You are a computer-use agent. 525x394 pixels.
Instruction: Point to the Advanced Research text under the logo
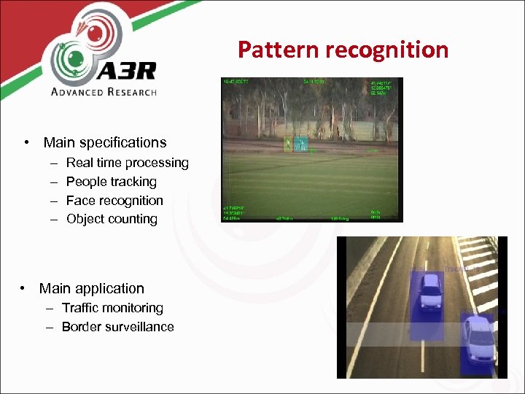point(103,91)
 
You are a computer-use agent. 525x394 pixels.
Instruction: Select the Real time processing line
point(127,163)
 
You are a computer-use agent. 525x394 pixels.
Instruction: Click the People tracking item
point(111,182)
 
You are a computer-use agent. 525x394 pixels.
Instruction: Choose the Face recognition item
point(114,201)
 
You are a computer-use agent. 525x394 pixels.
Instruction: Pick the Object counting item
point(112,219)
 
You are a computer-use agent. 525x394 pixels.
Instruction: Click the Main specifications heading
point(104,142)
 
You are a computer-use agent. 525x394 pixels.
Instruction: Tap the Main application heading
point(91,288)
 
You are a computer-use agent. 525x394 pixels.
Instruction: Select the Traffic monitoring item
point(112,308)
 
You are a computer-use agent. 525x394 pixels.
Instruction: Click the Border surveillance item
point(117,327)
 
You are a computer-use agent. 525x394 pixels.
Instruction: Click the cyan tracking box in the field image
point(301,144)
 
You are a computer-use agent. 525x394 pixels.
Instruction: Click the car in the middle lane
point(429,292)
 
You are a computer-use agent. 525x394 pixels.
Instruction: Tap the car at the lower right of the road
point(479,339)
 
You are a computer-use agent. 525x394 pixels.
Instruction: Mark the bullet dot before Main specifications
point(26,142)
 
